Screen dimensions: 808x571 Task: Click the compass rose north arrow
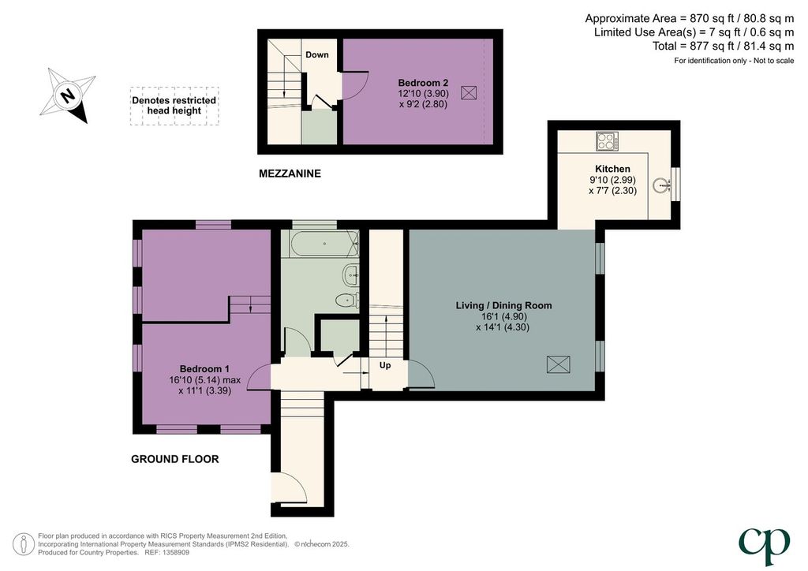(x=68, y=95)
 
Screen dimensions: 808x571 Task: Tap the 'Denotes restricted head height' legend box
(x=174, y=106)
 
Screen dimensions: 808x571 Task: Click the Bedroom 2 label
(x=423, y=82)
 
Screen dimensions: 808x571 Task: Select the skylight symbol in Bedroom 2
(x=469, y=93)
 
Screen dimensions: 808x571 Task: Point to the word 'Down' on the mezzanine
(x=317, y=54)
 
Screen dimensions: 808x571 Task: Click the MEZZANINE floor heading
(x=290, y=174)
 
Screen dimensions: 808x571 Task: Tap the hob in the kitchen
(x=608, y=141)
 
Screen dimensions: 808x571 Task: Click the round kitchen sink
(x=661, y=185)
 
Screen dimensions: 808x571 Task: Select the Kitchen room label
(x=612, y=169)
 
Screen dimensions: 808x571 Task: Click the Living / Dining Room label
(x=503, y=305)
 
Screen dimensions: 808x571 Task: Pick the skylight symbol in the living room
(x=559, y=364)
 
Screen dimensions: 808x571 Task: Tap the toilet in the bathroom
(x=347, y=300)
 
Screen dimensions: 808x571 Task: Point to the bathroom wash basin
(x=350, y=274)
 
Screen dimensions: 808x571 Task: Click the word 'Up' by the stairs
(x=385, y=365)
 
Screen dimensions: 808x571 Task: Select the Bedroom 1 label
(x=204, y=368)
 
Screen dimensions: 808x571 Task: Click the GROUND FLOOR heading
(x=175, y=459)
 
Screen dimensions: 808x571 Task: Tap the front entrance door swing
(x=290, y=487)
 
